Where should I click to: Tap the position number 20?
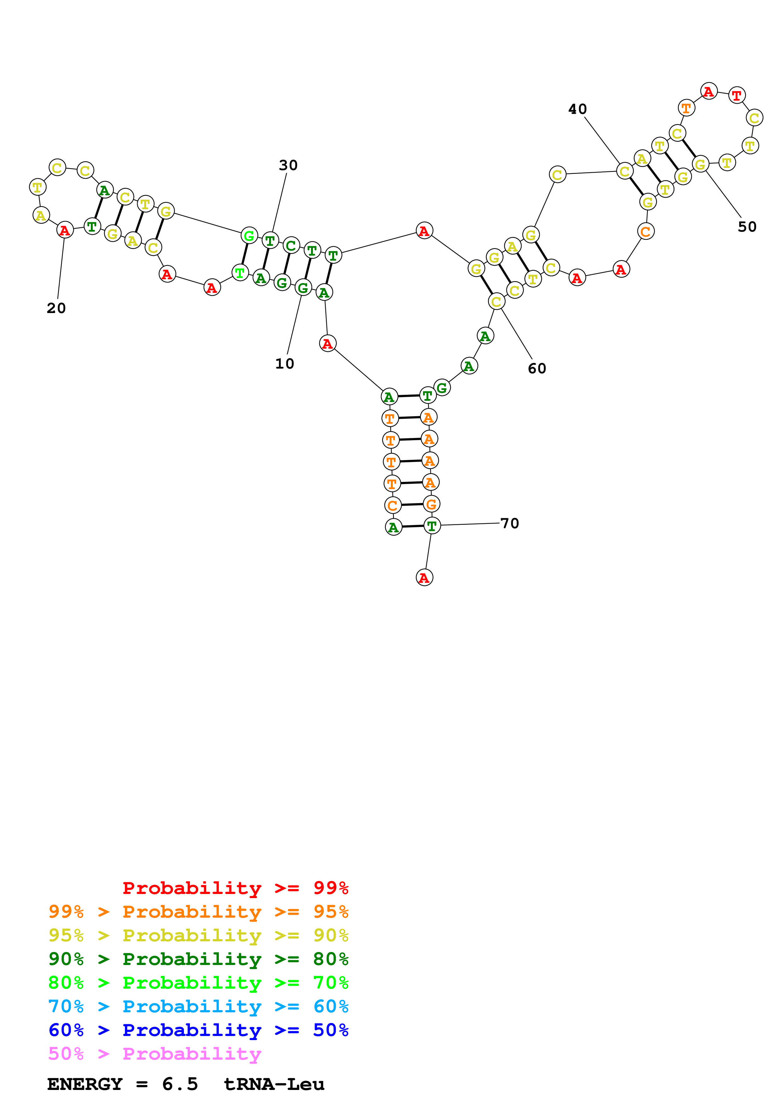pos(56,308)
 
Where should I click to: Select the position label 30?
pos(288,165)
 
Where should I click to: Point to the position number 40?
pos(577,109)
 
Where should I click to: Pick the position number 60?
pos(537,368)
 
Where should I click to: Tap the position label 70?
pos(510,523)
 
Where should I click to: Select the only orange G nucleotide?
pos(431,504)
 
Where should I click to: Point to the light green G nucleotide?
pos(249,236)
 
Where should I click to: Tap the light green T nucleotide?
pos(239,273)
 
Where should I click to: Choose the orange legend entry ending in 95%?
pos(198,912)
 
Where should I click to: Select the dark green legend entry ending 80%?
pos(198,959)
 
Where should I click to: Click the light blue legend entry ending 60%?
pos(198,1006)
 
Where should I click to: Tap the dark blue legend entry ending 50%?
pos(198,1030)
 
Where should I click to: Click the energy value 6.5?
pos(180,1084)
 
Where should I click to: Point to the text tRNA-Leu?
pos(274,1084)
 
